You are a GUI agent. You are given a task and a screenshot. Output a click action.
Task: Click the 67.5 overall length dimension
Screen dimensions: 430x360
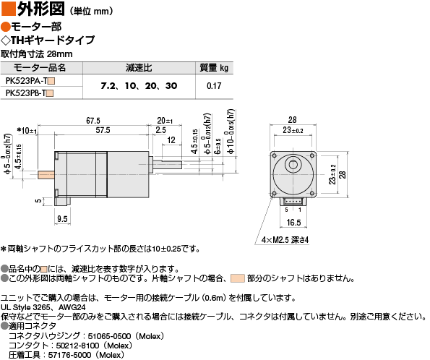pyautogui.click(x=93, y=121)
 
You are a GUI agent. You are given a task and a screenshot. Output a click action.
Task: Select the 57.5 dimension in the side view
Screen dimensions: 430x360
pyautogui.click(x=103, y=130)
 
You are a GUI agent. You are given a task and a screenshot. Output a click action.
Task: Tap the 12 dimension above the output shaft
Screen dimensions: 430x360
pyautogui.click(x=171, y=140)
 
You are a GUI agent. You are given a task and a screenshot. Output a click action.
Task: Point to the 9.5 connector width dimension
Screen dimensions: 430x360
pyautogui.click(x=62, y=219)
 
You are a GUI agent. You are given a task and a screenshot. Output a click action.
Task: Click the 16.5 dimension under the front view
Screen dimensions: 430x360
pyautogui.click(x=293, y=223)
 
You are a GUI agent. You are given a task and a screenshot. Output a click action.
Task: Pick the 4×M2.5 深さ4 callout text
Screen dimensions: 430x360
pyautogui.click(x=285, y=240)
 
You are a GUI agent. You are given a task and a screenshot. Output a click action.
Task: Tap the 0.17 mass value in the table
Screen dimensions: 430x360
pyautogui.click(x=214, y=86)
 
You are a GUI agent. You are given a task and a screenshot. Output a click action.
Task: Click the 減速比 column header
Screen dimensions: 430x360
pyautogui.click(x=139, y=68)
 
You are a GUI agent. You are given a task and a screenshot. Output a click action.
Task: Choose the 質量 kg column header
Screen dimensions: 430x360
pyautogui.click(x=214, y=68)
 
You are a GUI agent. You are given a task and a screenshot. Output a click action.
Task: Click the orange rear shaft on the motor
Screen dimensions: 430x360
pyautogui.click(x=46, y=175)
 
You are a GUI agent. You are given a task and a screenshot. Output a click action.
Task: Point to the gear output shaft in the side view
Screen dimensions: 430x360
pyautogui.click(x=167, y=165)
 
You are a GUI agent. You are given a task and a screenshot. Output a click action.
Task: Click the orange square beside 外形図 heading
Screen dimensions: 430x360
pyautogui.click(x=8, y=9)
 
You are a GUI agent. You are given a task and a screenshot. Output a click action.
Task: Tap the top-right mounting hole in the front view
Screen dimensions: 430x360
pyautogui.click(x=311, y=155)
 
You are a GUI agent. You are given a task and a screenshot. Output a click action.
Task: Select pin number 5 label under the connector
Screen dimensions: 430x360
pyautogui.click(x=286, y=210)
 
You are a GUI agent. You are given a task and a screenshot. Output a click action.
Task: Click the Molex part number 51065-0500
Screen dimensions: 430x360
pyautogui.click(x=109, y=336)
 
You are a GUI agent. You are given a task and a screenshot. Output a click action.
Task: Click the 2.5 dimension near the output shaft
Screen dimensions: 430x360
pyautogui.click(x=160, y=130)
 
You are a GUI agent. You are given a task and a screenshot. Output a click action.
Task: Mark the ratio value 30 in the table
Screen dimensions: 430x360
pyautogui.click(x=171, y=86)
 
